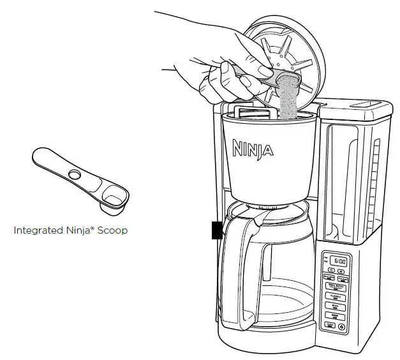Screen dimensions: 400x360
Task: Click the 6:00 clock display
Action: click(x=340, y=261)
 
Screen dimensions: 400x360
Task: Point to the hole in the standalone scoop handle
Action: click(x=75, y=174)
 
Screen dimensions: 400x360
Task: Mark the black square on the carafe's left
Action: click(x=217, y=229)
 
